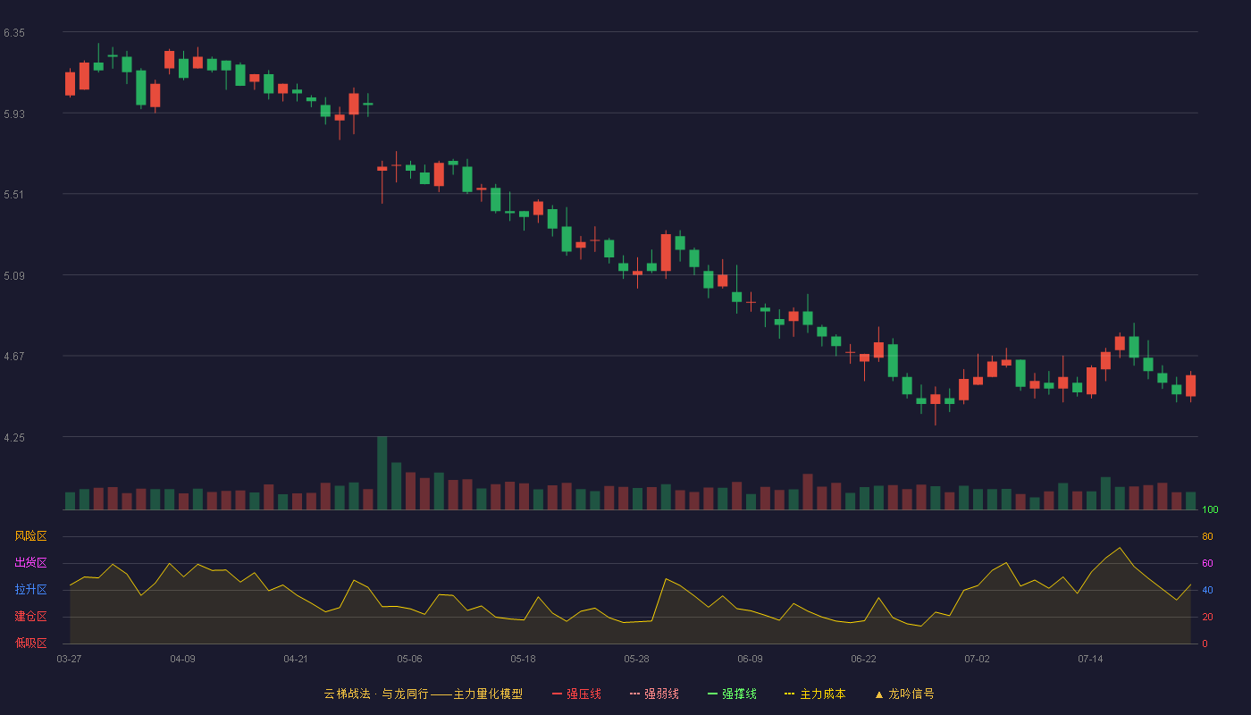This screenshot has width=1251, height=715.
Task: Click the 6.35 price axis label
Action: click(14, 33)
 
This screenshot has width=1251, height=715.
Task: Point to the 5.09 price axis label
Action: click(14, 276)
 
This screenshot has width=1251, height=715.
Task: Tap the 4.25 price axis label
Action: click(14, 438)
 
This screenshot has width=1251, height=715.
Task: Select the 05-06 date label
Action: click(409, 660)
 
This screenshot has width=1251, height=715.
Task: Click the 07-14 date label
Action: click(1090, 660)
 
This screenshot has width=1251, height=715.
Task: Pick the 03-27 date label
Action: click(70, 660)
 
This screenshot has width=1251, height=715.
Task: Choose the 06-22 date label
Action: click(863, 660)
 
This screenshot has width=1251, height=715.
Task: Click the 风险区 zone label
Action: click(30, 536)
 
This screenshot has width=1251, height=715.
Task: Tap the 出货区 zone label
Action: click(30, 562)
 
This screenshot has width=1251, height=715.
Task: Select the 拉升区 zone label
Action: click(30, 589)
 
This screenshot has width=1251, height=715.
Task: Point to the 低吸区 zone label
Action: click(30, 643)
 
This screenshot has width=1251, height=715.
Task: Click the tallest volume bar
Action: click(382, 473)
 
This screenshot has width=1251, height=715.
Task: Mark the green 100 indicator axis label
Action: click(1210, 509)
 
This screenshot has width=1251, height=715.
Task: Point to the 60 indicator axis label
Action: click(1207, 563)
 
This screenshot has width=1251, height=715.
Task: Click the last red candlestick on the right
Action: click(1190, 385)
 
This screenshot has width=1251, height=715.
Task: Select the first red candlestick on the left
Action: click(70, 84)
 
